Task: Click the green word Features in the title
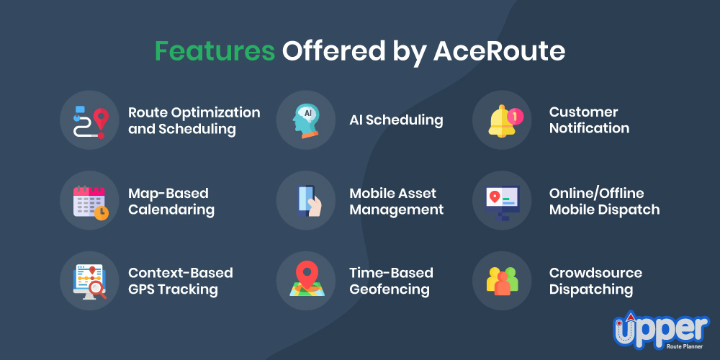[215, 51]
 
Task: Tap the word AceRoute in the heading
[499, 51]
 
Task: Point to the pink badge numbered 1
[515, 117]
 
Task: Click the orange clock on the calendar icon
[102, 212]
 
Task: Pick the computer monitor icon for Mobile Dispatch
[502, 203]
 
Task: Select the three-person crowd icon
[502, 281]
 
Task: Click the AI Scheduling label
[396, 120]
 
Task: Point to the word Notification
[589, 128]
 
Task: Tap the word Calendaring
[171, 210]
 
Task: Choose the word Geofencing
[390, 289]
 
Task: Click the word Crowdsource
[595, 273]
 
